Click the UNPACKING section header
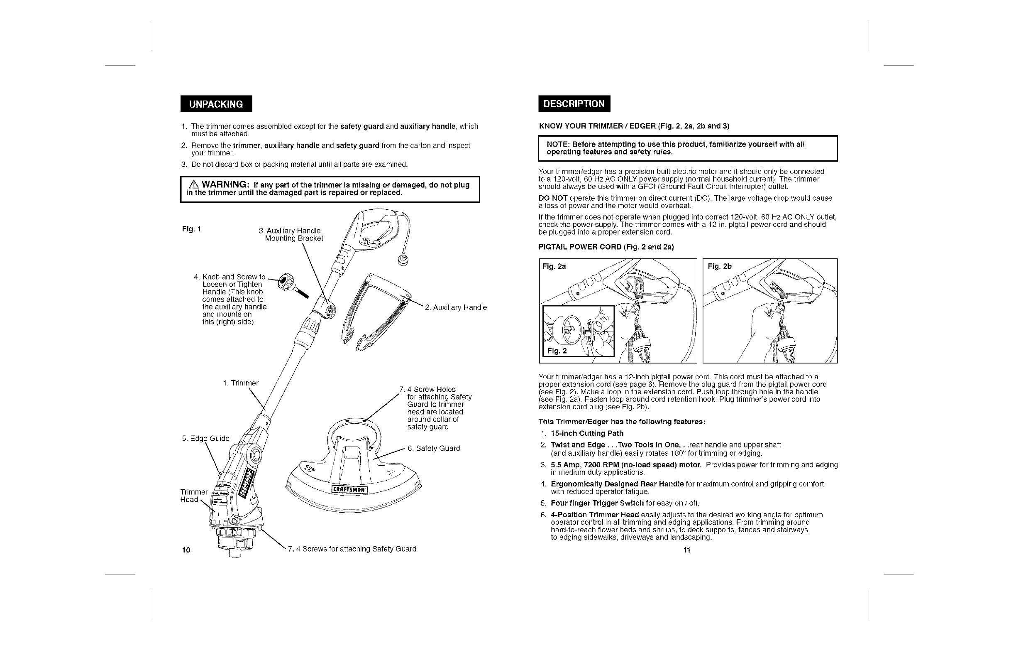tap(216, 104)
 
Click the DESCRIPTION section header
tap(574, 104)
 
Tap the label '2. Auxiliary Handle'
tap(456, 307)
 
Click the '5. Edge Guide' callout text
tap(206, 438)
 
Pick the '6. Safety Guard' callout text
tap(434, 448)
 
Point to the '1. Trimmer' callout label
tap(241, 383)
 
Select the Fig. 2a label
tap(554, 267)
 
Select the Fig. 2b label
tap(720, 267)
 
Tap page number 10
tap(186, 550)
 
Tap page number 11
tap(687, 550)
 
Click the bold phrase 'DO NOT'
tap(553, 198)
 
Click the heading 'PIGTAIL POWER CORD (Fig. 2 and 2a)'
tap(606, 247)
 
